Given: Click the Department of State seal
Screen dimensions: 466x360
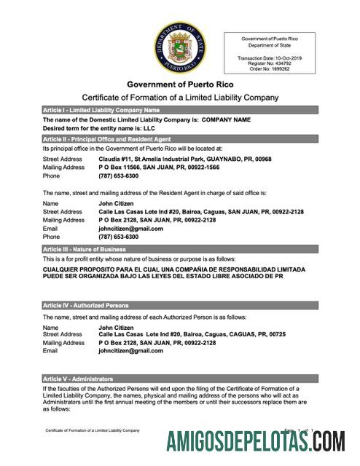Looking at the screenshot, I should pos(179,47).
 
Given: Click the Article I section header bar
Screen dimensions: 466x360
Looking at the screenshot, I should pos(179,109).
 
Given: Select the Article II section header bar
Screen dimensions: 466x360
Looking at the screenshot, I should pos(179,138).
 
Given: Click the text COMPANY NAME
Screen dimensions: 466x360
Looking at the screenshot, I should pos(226,119).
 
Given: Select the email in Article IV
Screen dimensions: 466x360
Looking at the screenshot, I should pos(130,351).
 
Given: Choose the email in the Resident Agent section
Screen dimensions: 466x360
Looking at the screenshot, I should pos(130,228).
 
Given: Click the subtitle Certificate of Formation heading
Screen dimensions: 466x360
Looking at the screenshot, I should pos(179,98).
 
